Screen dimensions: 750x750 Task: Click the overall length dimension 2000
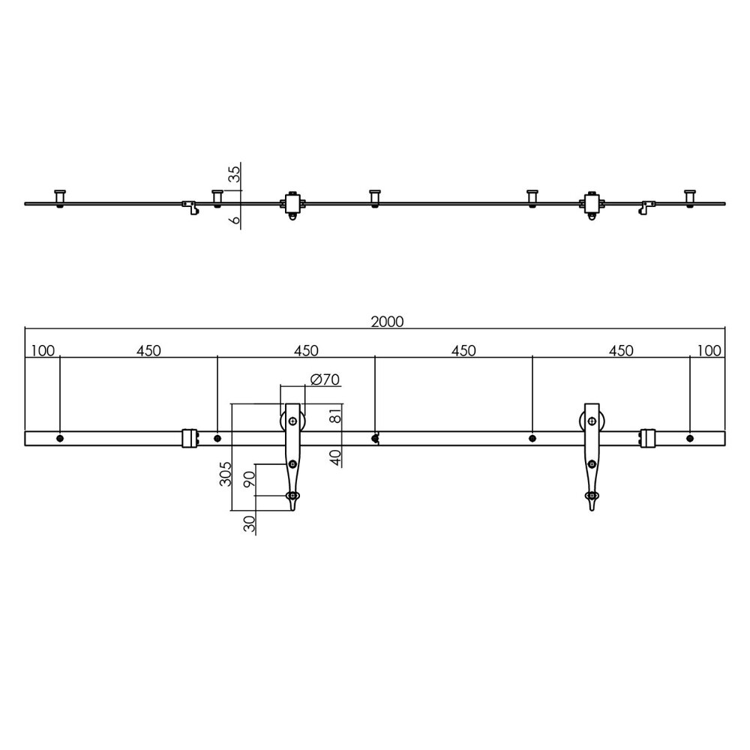(387, 322)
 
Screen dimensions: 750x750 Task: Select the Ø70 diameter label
(325, 379)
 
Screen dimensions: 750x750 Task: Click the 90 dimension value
(250, 479)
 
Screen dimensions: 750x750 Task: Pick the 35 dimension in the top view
(234, 175)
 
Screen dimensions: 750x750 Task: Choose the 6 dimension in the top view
(234, 220)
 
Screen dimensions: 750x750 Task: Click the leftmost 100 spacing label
(43, 350)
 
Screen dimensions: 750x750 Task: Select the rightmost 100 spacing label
(709, 350)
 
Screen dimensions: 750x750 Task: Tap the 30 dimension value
(250, 523)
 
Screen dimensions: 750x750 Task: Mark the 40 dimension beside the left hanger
(335, 457)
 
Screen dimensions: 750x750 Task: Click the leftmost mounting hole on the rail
(60, 438)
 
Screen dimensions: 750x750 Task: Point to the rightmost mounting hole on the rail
(690, 438)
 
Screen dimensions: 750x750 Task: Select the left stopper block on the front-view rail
(190, 438)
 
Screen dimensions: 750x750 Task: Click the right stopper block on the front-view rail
(649, 438)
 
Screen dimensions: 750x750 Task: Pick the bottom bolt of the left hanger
(292, 496)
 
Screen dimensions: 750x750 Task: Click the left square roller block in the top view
(292, 202)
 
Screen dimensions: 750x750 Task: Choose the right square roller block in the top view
(593, 202)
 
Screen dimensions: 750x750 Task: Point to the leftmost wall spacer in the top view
(60, 197)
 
